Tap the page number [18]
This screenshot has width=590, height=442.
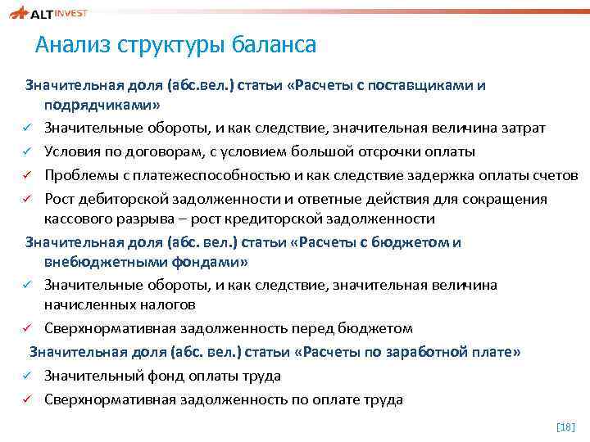pyautogui.click(x=565, y=427)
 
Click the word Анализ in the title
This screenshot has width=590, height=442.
pyautogui.click(x=74, y=44)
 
